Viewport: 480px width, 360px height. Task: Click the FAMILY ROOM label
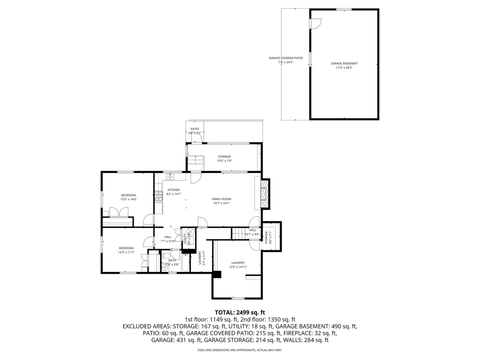click(x=221, y=199)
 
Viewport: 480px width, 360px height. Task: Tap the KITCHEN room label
click(x=173, y=190)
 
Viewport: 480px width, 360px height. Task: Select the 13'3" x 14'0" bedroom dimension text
click(x=128, y=200)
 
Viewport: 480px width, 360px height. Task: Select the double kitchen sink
click(x=171, y=177)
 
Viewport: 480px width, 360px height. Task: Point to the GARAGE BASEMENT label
click(x=344, y=63)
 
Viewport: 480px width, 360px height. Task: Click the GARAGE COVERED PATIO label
click(x=285, y=58)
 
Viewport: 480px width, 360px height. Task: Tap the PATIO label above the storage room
click(x=194, y=129)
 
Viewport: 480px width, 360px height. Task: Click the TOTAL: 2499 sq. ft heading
click(x=240, y=312)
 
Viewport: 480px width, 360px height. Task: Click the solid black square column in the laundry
click(x=217, y=275)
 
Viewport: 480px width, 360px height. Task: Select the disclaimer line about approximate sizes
click(x=240, y=350)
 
